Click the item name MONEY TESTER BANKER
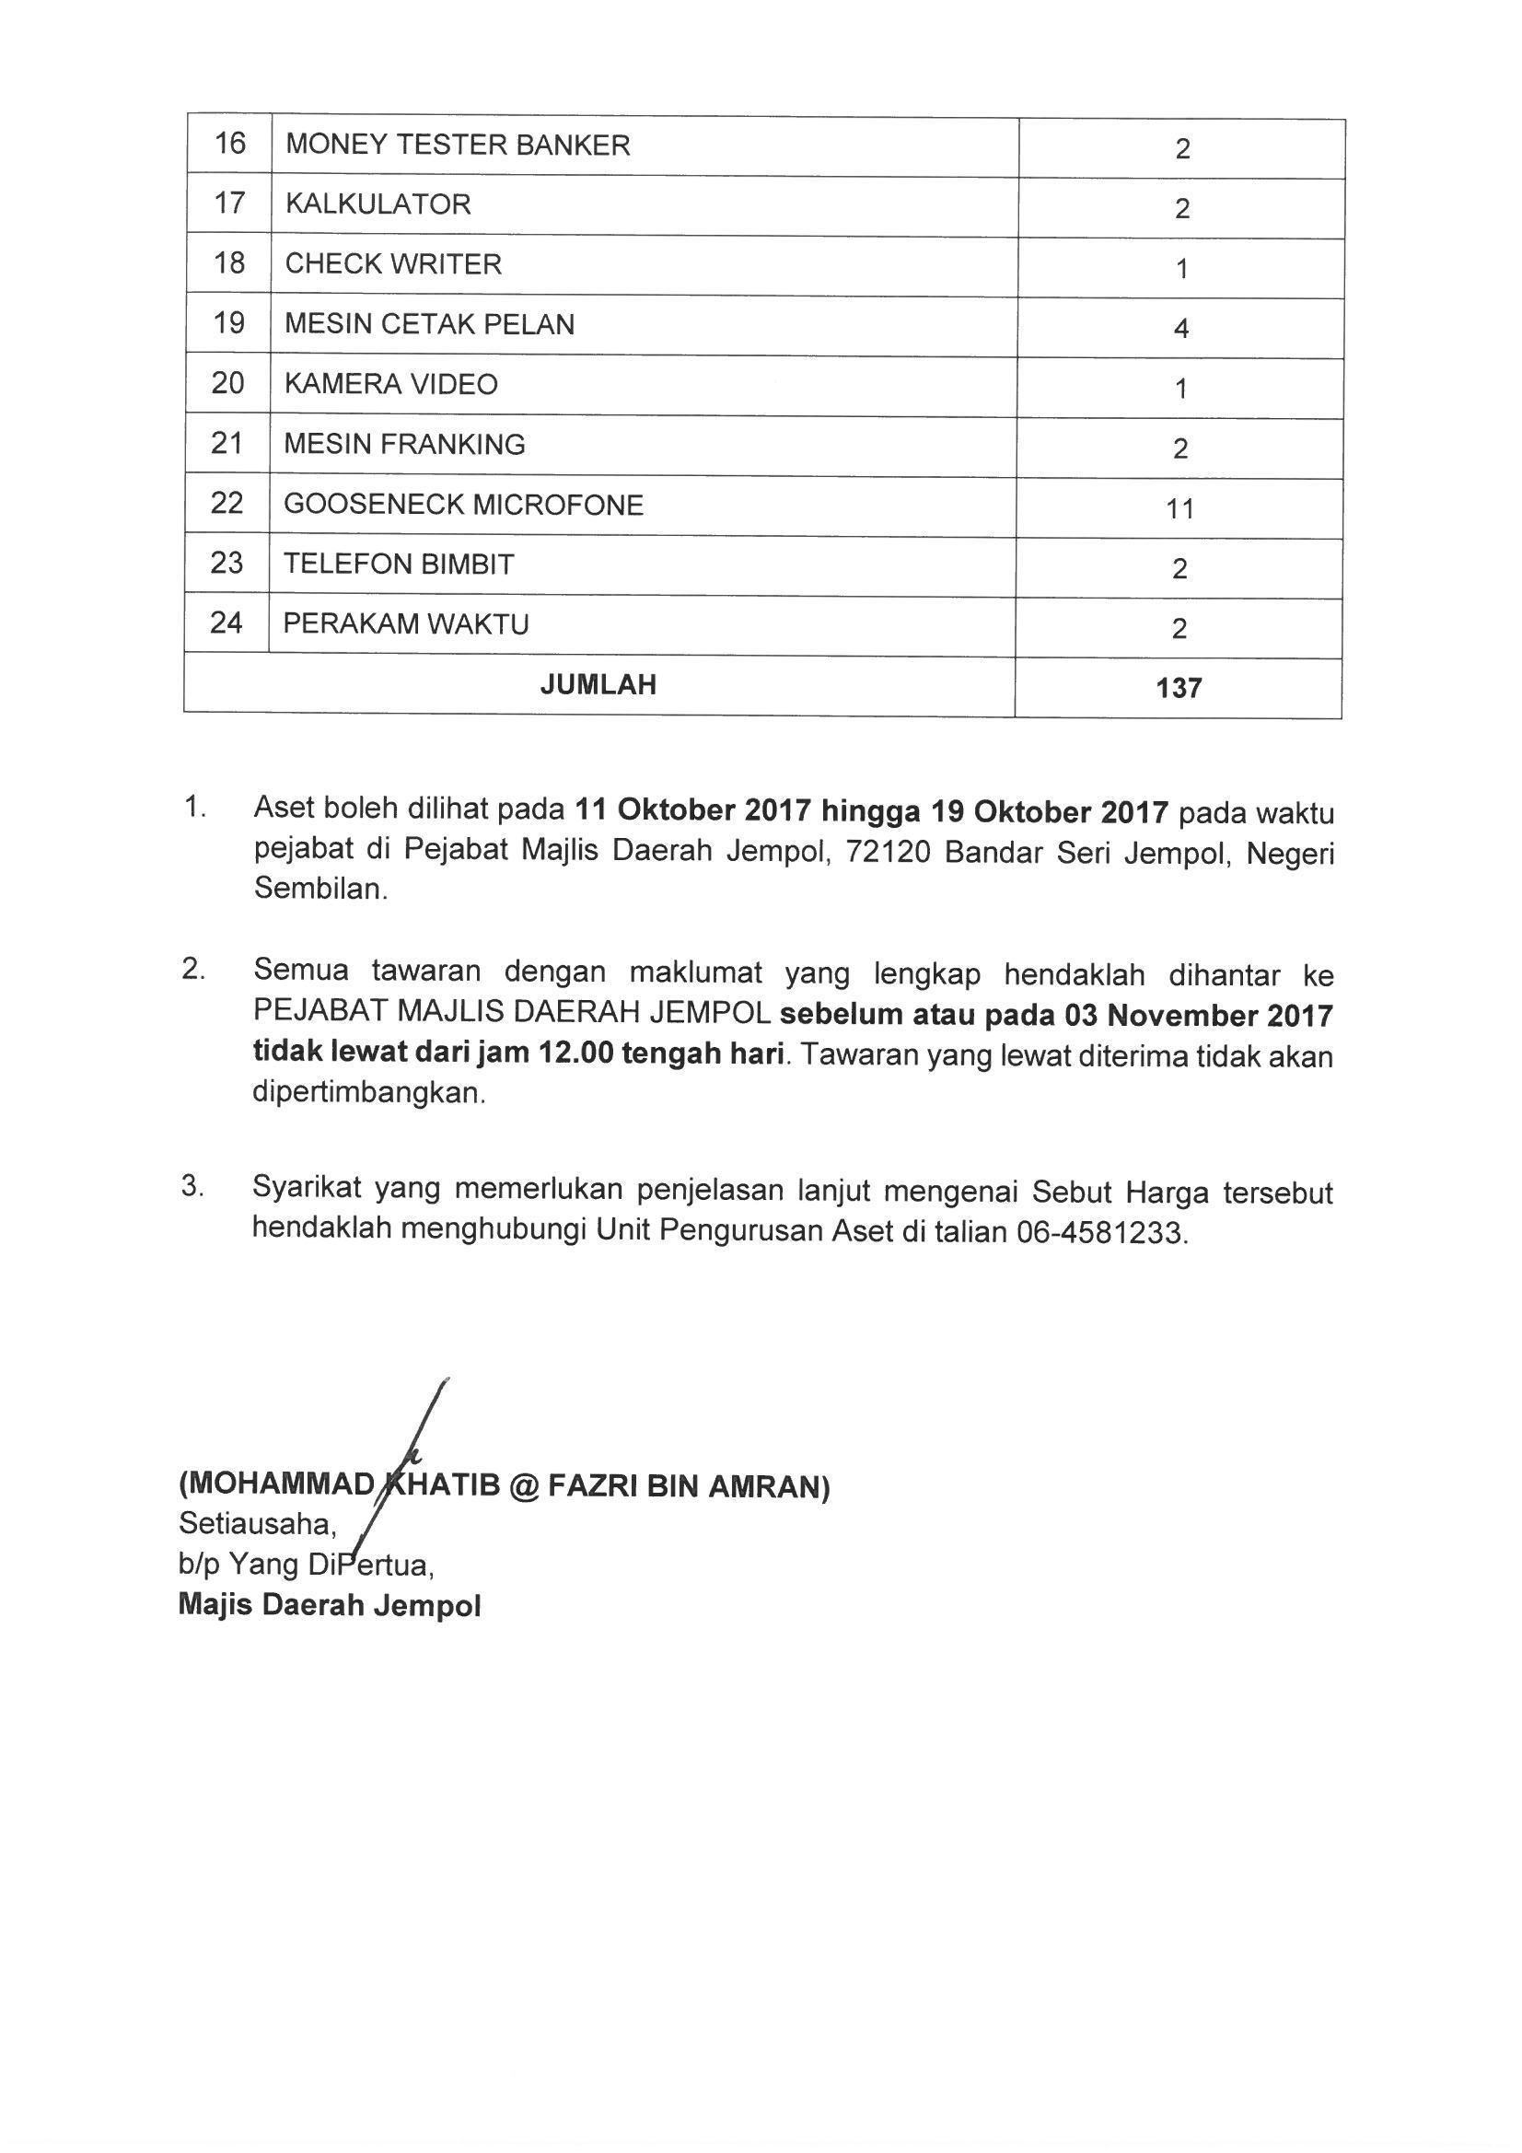coord(458,145)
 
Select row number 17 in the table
coord(230,204)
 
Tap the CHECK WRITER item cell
coord(393,264)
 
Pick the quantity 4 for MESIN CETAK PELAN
coord(1180,328)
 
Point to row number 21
coord(227,444)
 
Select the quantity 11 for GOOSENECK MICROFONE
coord(1179,509)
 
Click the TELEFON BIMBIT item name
coord(399,564)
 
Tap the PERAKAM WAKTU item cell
coord(406,624)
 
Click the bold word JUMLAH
coord(598,684)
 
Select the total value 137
coord(1179,689)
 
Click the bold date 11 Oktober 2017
coord(693,810)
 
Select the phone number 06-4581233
coord(1101,1232)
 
